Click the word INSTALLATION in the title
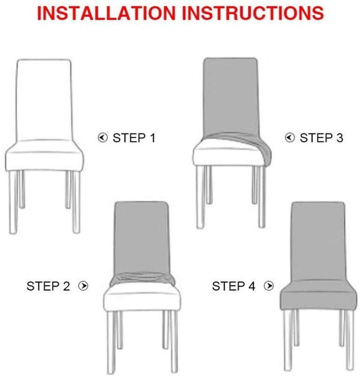click(x=107, y=13)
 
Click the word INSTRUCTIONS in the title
click(x=253, y=13)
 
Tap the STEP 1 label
click(x=134, y=138)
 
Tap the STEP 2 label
click(x=48, y=286)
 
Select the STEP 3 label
click(x=321, y=138)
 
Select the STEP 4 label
click(x=234, y=286)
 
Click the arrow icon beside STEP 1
click(x=102, y=138)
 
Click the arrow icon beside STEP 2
click(x=84, y=286)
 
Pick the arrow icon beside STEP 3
click(x=290, y=138)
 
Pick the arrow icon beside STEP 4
click(x=269, y=286)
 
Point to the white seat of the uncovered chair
click(x=44, y=156)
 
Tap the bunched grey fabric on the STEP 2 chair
click(x=142, y=279)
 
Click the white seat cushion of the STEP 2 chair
click(x=142, y=298)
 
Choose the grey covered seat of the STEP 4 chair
click(x=319, y=296)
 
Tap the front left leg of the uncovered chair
click(x=13, y=202)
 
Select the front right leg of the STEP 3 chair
click(x=262, y=196)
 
